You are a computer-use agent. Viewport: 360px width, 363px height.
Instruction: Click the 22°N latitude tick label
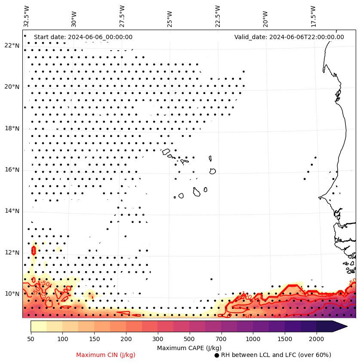click(12, 46)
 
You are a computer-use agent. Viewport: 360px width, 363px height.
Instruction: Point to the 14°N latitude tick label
click(12, 211)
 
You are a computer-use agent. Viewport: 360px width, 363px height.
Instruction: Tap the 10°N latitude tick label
click(12, 294)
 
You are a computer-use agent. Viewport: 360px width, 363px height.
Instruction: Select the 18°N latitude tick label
click(12, 128)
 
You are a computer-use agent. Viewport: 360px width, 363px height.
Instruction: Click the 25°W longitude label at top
click(169, 16)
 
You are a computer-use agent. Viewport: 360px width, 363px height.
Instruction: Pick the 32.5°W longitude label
click(27, 16)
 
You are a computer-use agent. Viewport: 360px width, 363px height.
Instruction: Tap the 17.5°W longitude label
click(313, 16)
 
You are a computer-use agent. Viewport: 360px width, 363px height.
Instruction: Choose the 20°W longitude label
click(265, 16)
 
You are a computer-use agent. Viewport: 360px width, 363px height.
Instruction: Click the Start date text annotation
click(83, 37)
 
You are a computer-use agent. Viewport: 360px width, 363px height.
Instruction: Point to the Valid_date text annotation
click(289, 37)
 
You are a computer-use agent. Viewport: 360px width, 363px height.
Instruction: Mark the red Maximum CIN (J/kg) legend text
click(106, 355)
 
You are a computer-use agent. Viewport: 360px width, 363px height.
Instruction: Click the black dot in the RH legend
click(217, 355)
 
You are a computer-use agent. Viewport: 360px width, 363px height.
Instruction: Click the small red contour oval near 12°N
click(34, 250)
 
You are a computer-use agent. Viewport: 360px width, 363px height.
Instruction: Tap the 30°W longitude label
click(74, 16)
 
